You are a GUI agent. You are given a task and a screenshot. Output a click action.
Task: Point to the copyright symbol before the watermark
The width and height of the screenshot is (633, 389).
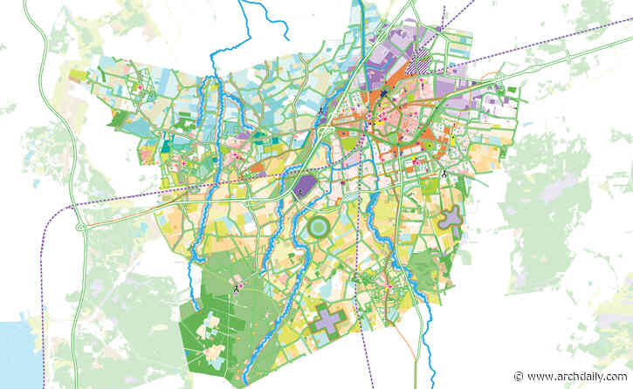(519, 376)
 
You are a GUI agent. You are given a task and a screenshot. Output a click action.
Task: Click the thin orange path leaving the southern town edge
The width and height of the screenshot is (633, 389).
(410, 336)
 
